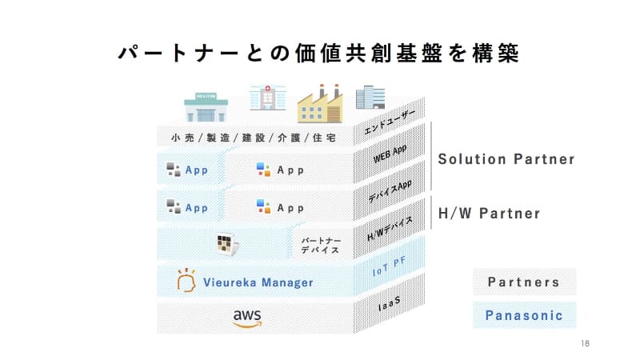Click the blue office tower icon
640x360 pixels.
point(370,98)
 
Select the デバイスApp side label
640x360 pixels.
point(390,190)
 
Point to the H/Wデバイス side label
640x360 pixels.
point(390,229)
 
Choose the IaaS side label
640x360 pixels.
point(390,304)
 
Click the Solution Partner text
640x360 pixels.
point(506,159)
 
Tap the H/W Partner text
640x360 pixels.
point(489,214)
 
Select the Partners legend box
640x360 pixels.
point(524,282)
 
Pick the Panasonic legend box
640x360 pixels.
point(524,315)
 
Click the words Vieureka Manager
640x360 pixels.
point(258,282)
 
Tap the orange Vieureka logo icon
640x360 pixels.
point(186,280)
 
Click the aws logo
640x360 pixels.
point(247,318)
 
